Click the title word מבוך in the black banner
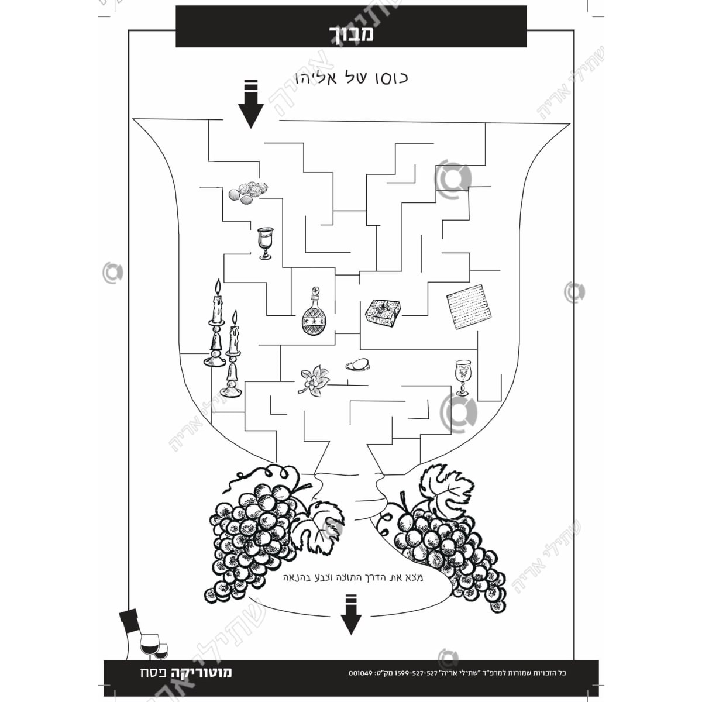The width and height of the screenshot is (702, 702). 351,33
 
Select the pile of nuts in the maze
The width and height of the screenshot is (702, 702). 249,192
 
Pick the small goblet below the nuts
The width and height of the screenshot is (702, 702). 264,243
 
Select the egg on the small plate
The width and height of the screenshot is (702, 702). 358,364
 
